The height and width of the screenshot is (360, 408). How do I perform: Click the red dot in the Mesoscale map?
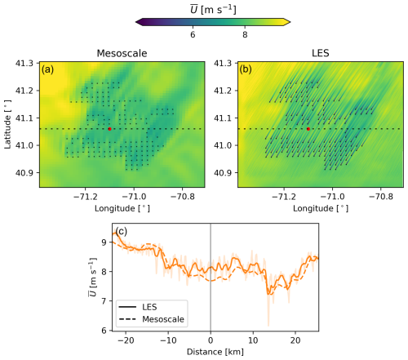click(109, 129)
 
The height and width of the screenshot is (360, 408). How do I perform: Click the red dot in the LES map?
click(308, 129)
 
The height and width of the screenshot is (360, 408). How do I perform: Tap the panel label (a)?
click(47, 70)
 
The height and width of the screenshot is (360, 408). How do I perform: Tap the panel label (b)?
click(246, 70)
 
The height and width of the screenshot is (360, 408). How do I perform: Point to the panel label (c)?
click(122, 231)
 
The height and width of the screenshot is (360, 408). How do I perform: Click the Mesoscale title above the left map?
click(122, 53)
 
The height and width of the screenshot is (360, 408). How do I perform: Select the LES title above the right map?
click(321, 53)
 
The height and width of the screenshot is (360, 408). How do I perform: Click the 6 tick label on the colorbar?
click(193, 35)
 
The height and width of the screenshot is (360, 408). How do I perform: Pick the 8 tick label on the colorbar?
click(245, 35)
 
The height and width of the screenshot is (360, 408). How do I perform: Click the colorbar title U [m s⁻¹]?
click(213, 10)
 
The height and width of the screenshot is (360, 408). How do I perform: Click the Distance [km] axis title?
click(215, 352)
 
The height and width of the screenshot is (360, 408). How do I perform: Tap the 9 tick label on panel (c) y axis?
click(104, 242)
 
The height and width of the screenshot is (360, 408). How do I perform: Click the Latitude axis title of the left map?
click(8, 124)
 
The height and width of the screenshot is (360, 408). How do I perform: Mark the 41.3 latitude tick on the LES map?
click(223, 63)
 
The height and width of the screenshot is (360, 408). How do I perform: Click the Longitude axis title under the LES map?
click(321, 209)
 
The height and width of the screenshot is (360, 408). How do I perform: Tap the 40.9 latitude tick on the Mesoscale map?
click(24, 173)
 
